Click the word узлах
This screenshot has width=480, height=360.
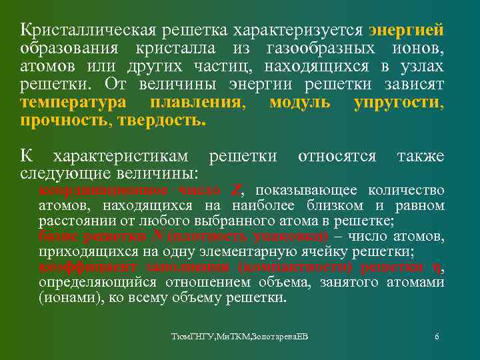[x=424, y=67]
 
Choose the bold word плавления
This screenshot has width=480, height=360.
[x=197, y=104]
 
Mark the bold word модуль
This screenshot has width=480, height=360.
[x=299, y=104]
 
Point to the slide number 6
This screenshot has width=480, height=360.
[x=437, y=337]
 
